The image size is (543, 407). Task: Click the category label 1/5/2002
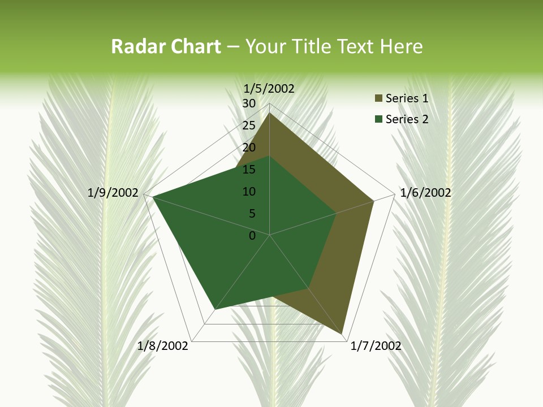(x=269, y=89)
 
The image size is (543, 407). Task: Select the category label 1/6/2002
(x=425, y=193)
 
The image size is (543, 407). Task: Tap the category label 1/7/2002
(x=376, y=346)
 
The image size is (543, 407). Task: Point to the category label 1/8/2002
(x=163, y=346)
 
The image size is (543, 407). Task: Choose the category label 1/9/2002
(x=113, y=193)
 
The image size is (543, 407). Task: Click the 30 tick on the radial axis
(x=249, y=103)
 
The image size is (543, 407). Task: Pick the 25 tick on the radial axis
(x=249, y=125)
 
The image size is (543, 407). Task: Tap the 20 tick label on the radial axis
(x=249, y=148)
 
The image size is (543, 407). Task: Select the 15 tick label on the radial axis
(x=249, y=170)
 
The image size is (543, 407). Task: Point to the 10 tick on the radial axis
(x=249, y=192)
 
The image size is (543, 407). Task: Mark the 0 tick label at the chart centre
(x=252, y=236)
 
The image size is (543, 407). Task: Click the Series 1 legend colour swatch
(x=379, y=98)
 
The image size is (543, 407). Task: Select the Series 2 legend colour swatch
(x=379, y=119)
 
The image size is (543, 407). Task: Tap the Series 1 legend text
(x=407, y=98)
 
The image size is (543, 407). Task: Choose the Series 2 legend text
(x=407, y=119)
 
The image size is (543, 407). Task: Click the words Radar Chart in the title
(x=166, y=46)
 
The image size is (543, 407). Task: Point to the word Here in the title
(x=401, y=46)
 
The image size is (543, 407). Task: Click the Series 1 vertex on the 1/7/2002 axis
(x=343, y=332)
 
